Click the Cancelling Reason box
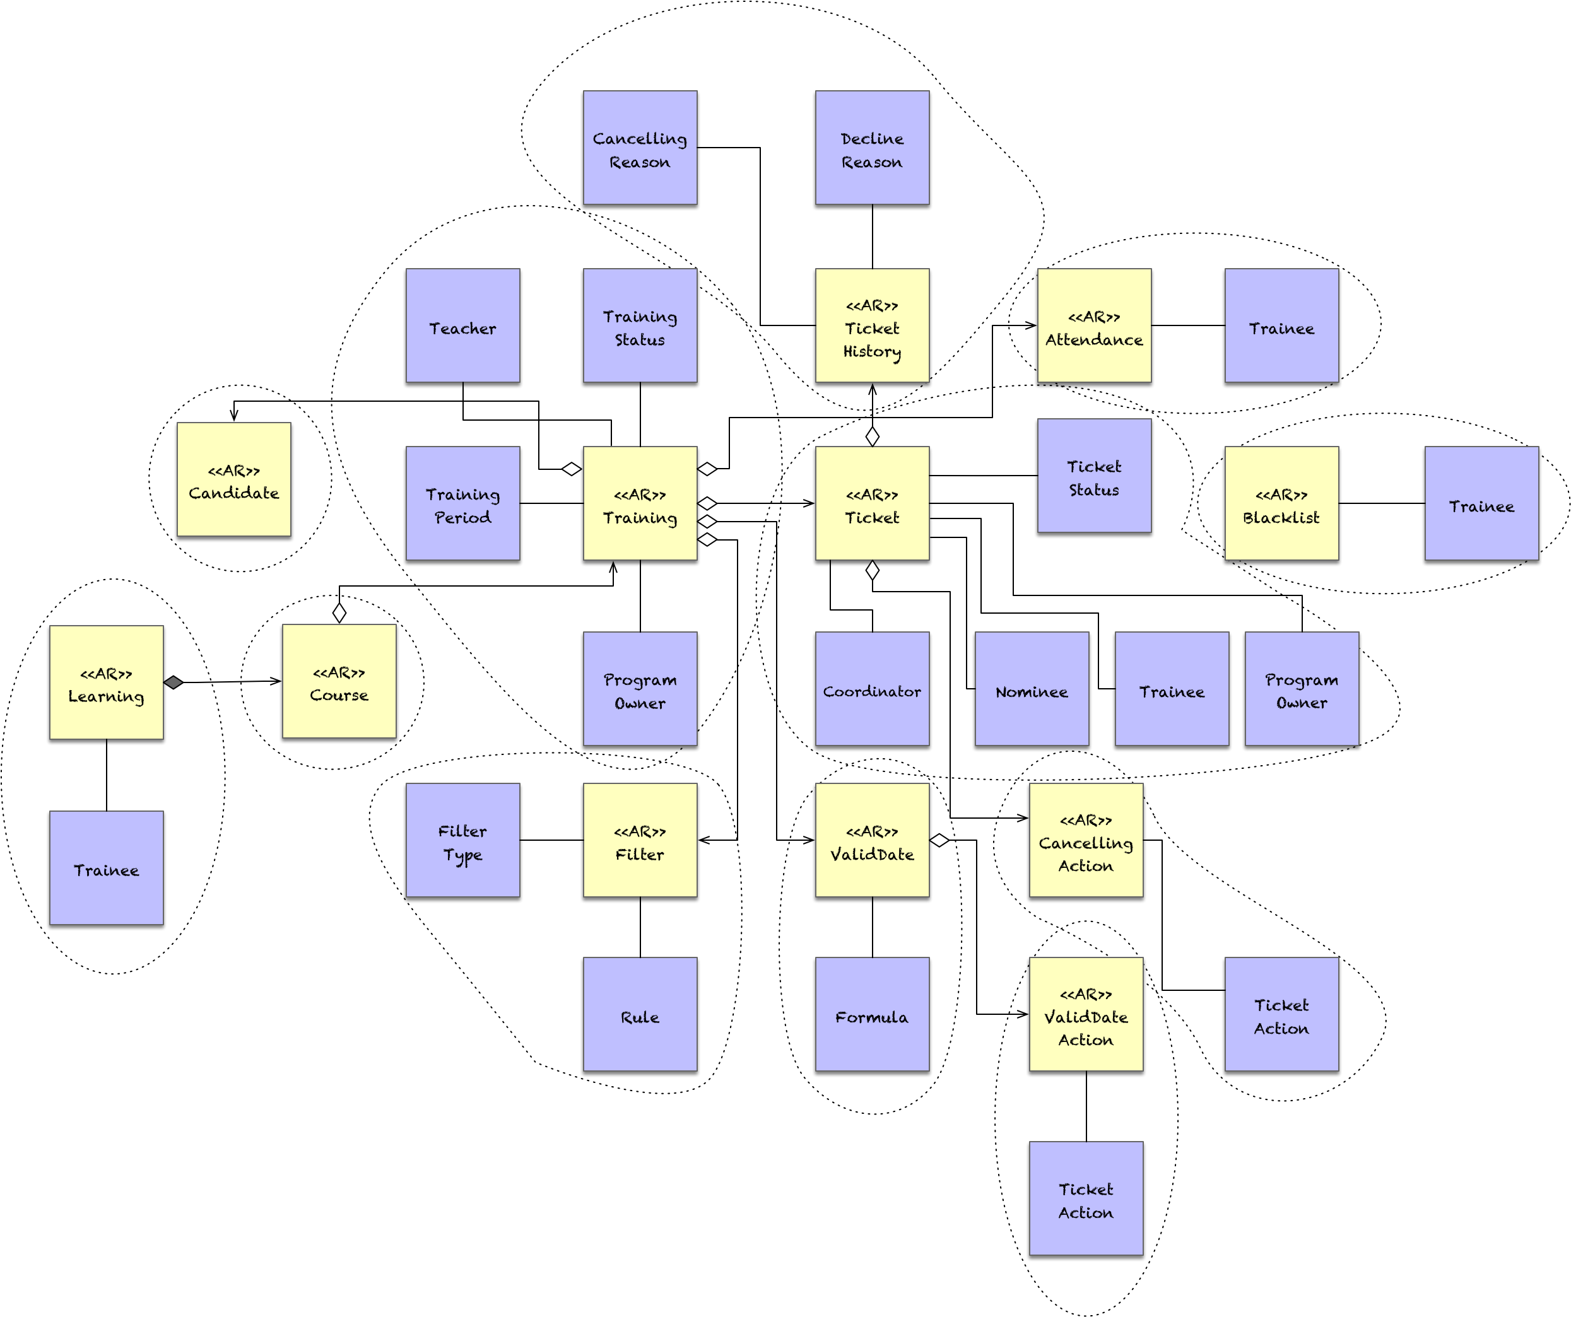640,148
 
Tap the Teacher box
462,326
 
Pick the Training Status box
640,326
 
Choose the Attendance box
1094,326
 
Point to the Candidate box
233,479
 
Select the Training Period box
462,503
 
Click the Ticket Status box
1094,476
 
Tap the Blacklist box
1281,503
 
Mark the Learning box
106,683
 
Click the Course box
339,681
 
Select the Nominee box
1032,689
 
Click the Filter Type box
462,840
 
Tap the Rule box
640,1014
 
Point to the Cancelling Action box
1085,840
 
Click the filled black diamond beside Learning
174,682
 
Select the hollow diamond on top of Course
339,613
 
